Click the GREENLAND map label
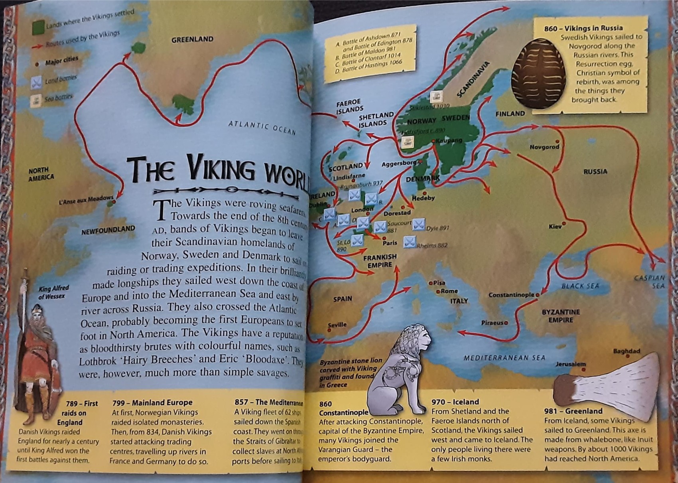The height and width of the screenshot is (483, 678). click(192, 39)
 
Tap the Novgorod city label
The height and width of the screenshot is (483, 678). click(544, 147)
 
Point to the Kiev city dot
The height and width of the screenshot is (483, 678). click(564, 224)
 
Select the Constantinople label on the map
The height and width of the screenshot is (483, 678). click(511, 295)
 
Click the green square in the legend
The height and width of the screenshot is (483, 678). click(38, 27)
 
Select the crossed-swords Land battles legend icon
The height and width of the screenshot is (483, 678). click(36, 82)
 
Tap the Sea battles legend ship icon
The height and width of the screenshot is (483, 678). click(36, 100)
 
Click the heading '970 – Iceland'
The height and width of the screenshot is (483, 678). click(455, 402)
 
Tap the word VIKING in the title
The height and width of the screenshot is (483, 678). click(221, 168)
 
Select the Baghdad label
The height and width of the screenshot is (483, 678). click(626, 351)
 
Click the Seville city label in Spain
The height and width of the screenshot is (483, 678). click(337, 325)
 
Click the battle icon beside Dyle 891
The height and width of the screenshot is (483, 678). click(418, 225)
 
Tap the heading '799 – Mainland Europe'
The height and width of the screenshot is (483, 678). click(152, 403)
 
